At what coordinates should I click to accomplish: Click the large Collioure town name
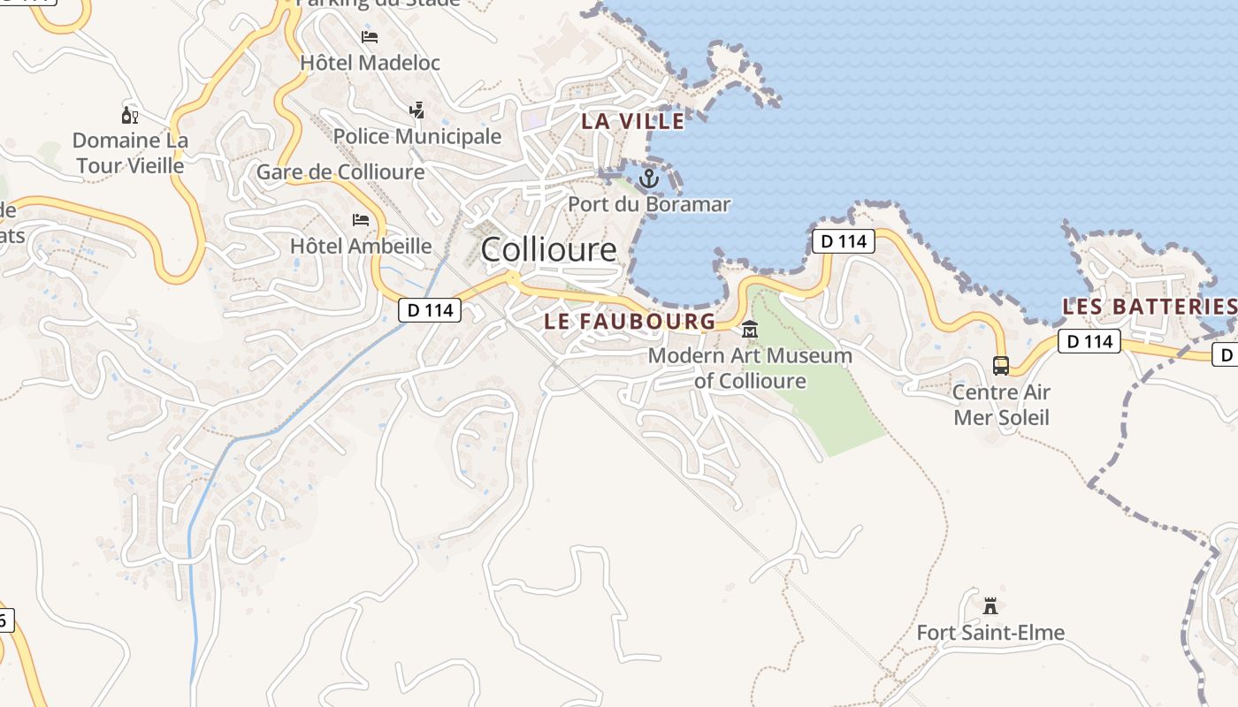pos(548,250)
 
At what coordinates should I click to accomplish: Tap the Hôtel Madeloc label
pos(370,63)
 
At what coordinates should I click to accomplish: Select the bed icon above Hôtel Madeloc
pos(370,37)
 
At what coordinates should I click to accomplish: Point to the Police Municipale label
pos(417,136)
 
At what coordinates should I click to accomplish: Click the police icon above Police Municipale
pos(416,110)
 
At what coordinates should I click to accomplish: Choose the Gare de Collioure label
pos(340,172)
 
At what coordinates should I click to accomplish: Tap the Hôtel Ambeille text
pos(361,246)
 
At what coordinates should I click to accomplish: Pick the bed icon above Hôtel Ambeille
pos(361,219)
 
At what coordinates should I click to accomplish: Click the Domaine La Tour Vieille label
pos(130,153)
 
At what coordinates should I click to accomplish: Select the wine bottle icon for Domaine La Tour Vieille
pos(130,115)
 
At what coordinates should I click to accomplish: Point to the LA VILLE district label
pos(632,121)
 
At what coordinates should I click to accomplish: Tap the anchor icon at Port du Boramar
pos(649,179)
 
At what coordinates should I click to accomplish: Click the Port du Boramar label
pos(649,204)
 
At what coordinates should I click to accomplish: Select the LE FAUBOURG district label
pos(629,322)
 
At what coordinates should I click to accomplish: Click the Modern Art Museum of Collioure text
pos(750,369)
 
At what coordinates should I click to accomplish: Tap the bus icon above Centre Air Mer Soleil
pos(1001,365)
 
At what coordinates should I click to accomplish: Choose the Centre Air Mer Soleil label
pos(1001,404)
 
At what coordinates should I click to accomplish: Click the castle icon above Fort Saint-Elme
pos(990,606)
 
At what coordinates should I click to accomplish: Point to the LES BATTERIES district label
pos(1149,307)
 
